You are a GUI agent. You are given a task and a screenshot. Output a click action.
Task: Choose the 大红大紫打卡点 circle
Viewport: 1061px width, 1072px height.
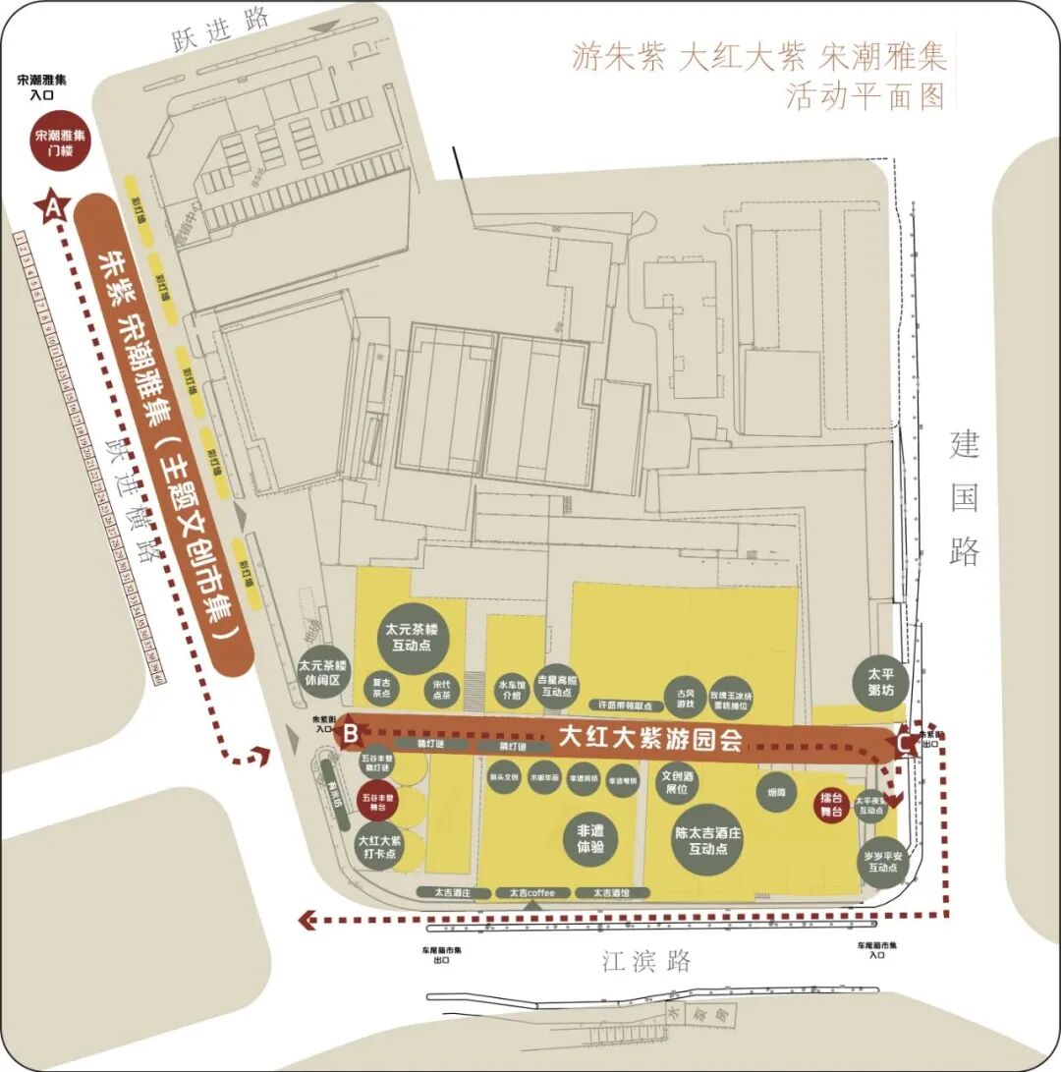(378, 846)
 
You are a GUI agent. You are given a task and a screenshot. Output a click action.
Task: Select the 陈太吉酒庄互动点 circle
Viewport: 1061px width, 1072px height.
(707, 840)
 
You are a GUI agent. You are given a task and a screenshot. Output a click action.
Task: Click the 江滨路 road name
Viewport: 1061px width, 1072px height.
(647, 960)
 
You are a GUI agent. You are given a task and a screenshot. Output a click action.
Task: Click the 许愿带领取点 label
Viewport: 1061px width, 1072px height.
(626, 705)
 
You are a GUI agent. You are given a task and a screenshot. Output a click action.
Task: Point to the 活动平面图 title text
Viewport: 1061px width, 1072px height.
(865, 96)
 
